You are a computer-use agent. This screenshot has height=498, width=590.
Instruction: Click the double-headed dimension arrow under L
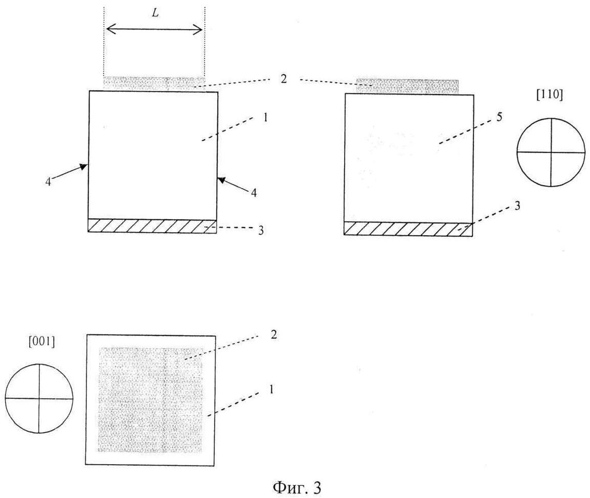coord(154,30)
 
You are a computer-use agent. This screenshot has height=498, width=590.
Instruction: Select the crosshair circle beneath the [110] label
coord(551,152)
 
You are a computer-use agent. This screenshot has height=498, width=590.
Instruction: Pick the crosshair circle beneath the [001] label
coord(39,397)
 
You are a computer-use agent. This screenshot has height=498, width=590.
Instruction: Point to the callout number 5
coord(498,117)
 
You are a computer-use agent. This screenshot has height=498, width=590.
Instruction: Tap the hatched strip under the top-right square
coord(408,229)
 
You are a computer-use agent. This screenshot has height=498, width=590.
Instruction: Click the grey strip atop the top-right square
coord(407,86)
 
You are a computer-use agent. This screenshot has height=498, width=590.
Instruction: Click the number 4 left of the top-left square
coord(48,182)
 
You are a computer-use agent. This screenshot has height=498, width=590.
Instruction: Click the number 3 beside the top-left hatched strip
coord(261,231)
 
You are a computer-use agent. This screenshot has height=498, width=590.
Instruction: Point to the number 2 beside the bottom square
coord(274,336)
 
